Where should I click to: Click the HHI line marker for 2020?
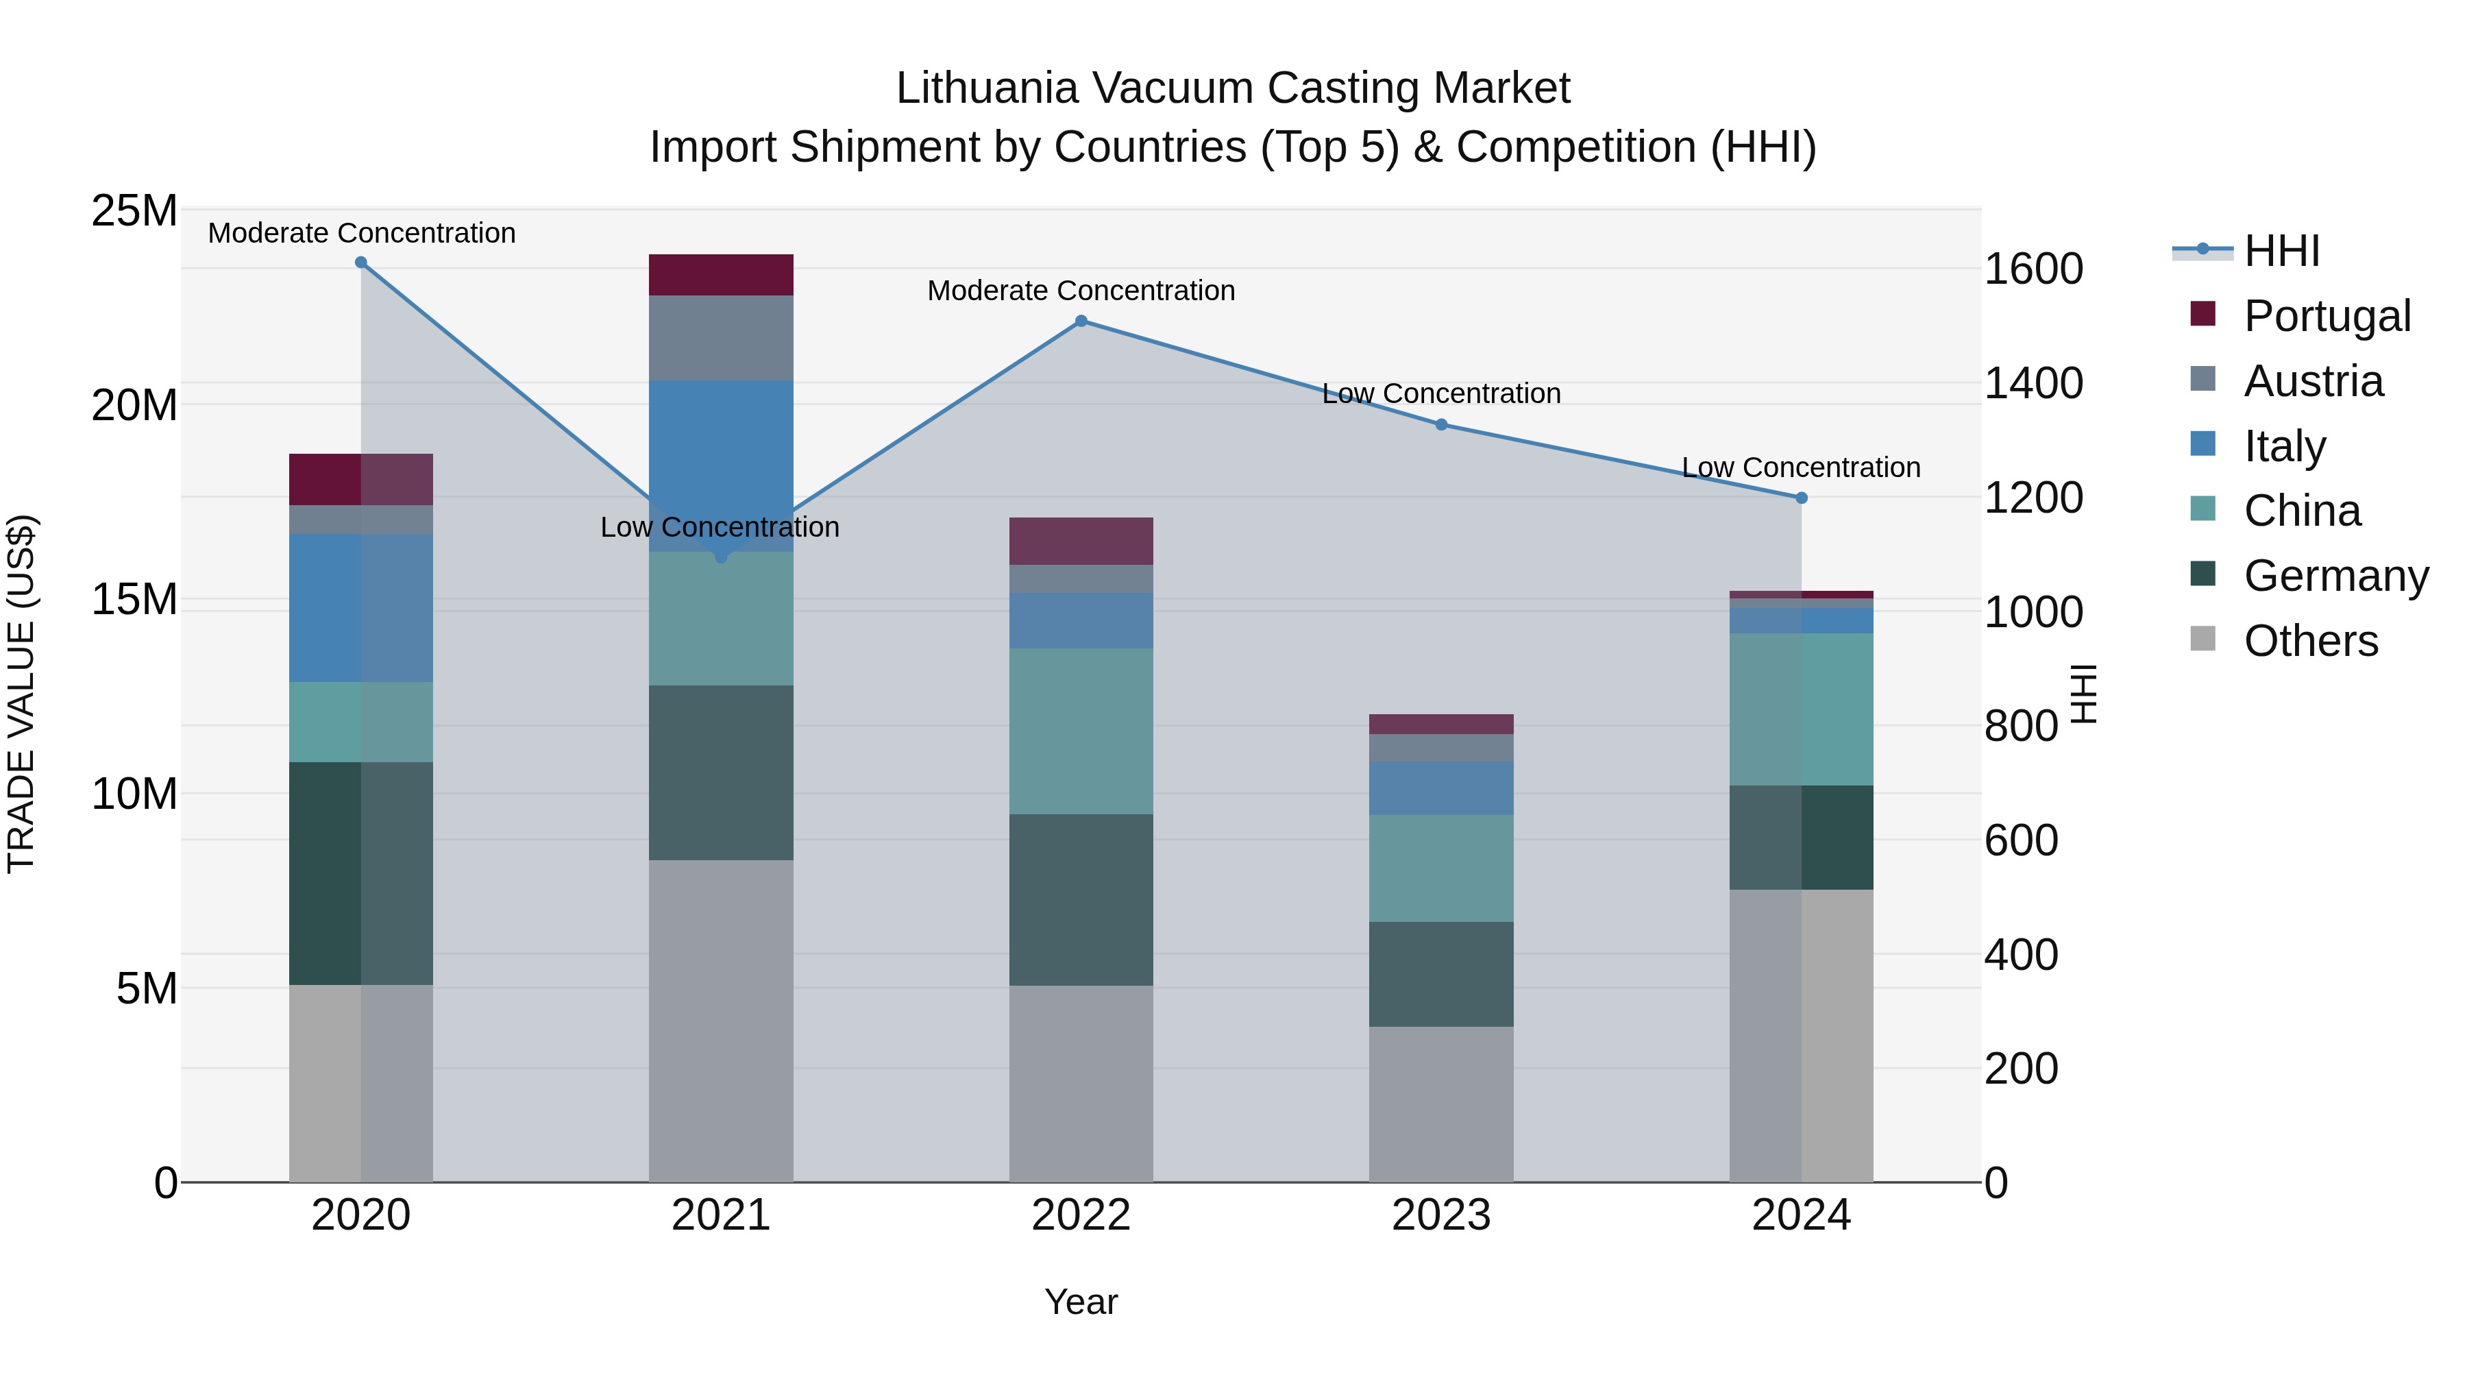(x=361, y=263)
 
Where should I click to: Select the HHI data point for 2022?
(x=1081, y=321)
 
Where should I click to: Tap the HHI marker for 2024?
(x=1802, y=498)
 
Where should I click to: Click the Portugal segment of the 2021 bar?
(x=721, y=275)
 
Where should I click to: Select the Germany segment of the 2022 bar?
(x=1081, y=901)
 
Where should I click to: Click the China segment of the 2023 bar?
(x=1441, y=869)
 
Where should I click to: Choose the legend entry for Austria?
(x=2312, y=381)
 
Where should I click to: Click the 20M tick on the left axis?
(x=134, y=405)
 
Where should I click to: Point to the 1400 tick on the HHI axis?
(x=2033, y=383)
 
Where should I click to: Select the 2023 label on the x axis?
(x=1441, y=1215)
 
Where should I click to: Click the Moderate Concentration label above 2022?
(x=1081, y=290)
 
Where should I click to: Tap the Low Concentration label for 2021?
(x=720, y=527)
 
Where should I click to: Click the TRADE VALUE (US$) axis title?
(x=21, y=694)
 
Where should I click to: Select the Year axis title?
(x=1081, y=1302)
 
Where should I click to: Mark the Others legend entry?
(x=2310, y=641)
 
